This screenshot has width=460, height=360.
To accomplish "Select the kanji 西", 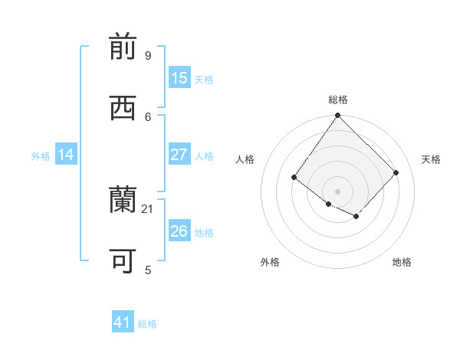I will [x=123, y=109].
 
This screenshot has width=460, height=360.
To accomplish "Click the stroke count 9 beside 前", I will [x=147, y=56].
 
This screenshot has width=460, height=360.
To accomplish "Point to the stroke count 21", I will [x=148, y=208].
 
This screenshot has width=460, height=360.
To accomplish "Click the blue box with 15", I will [x=179, y=78].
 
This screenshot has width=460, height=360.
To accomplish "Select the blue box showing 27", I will [x=179, y=155].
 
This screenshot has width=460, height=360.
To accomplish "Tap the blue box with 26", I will [x=179, y=231].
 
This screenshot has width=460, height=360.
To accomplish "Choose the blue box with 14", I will [x=66, y=155].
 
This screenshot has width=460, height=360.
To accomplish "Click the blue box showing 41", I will [x=123, y=323].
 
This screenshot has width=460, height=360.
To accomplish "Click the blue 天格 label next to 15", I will [x=204, y=80].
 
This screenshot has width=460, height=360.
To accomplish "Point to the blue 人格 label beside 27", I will [x=204, y=156].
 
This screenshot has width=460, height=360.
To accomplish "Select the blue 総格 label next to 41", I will [x=147, y=325].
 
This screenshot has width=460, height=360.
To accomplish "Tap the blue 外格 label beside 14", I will [x=41, y=156].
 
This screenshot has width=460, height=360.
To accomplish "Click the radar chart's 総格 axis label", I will [x=337, y=100].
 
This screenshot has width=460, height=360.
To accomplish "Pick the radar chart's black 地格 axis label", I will [x=402, y=262].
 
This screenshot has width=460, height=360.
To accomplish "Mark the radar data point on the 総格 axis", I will [x=337, y=116].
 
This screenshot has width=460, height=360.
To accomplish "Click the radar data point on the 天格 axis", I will [x=396, y=172].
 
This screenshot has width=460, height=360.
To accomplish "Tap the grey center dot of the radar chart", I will [x=337, y=191].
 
